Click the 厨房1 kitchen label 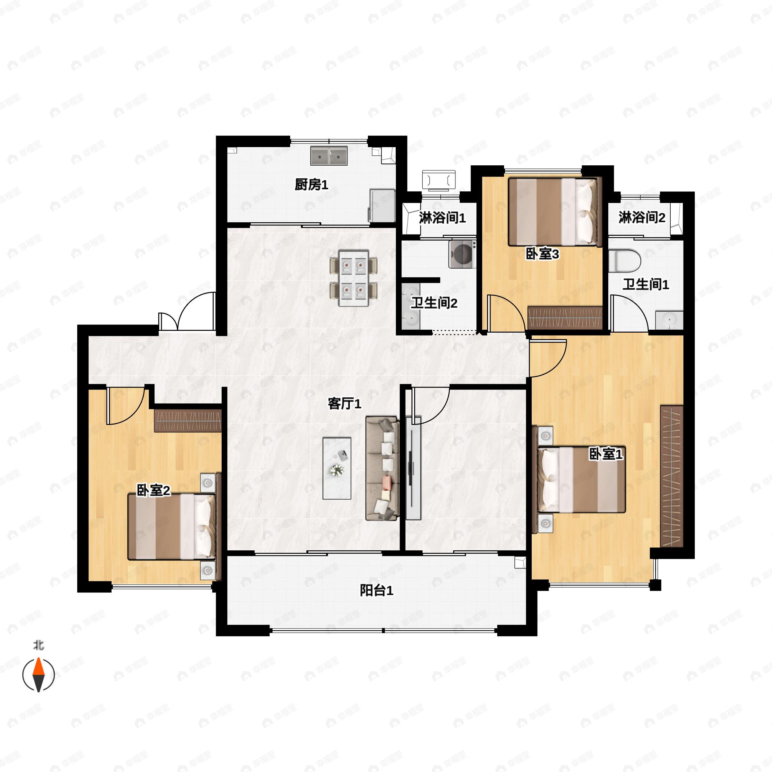coord(311,185)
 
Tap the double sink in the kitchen coord(329,156)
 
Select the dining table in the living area coord(354,278)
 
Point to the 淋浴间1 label coord(442,218)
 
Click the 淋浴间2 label coord(642,218)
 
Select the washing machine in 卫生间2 coord(462,254)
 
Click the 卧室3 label coord(542,254)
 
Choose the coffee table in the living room coord(337,468)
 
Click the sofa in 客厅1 coord(382,468)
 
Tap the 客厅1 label coord(345,404)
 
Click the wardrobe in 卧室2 coord(188,420)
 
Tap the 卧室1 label coord(606,454)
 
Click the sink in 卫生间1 coord(669,320)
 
